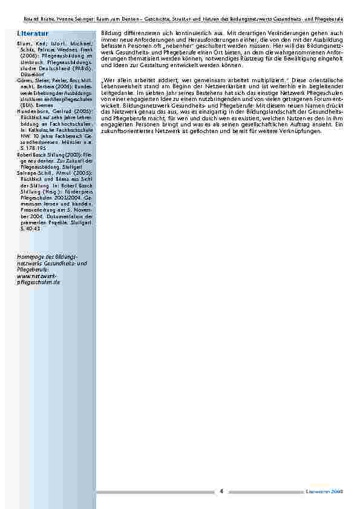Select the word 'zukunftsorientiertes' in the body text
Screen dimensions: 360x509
point(123,131)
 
